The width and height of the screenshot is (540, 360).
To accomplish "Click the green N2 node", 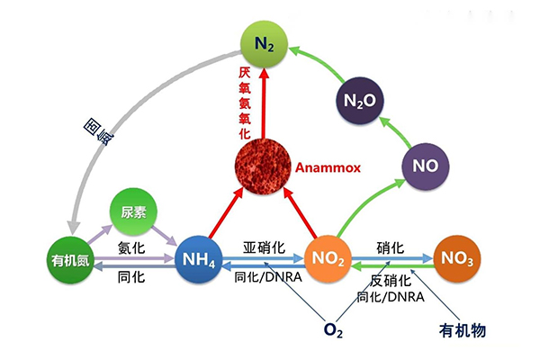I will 264,42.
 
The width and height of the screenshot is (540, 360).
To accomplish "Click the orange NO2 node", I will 327,259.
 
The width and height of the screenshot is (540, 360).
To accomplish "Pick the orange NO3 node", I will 457,259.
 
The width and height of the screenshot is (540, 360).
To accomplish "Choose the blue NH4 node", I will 199,262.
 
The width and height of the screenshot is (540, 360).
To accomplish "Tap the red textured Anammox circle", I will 263,167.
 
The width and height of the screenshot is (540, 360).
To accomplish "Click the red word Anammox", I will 326,167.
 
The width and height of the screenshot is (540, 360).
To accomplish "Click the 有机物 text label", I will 463,330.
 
